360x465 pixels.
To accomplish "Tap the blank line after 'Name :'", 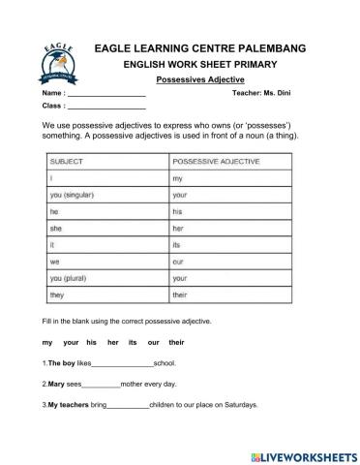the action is point(108,93).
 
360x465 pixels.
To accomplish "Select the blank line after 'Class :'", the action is point(108,106).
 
